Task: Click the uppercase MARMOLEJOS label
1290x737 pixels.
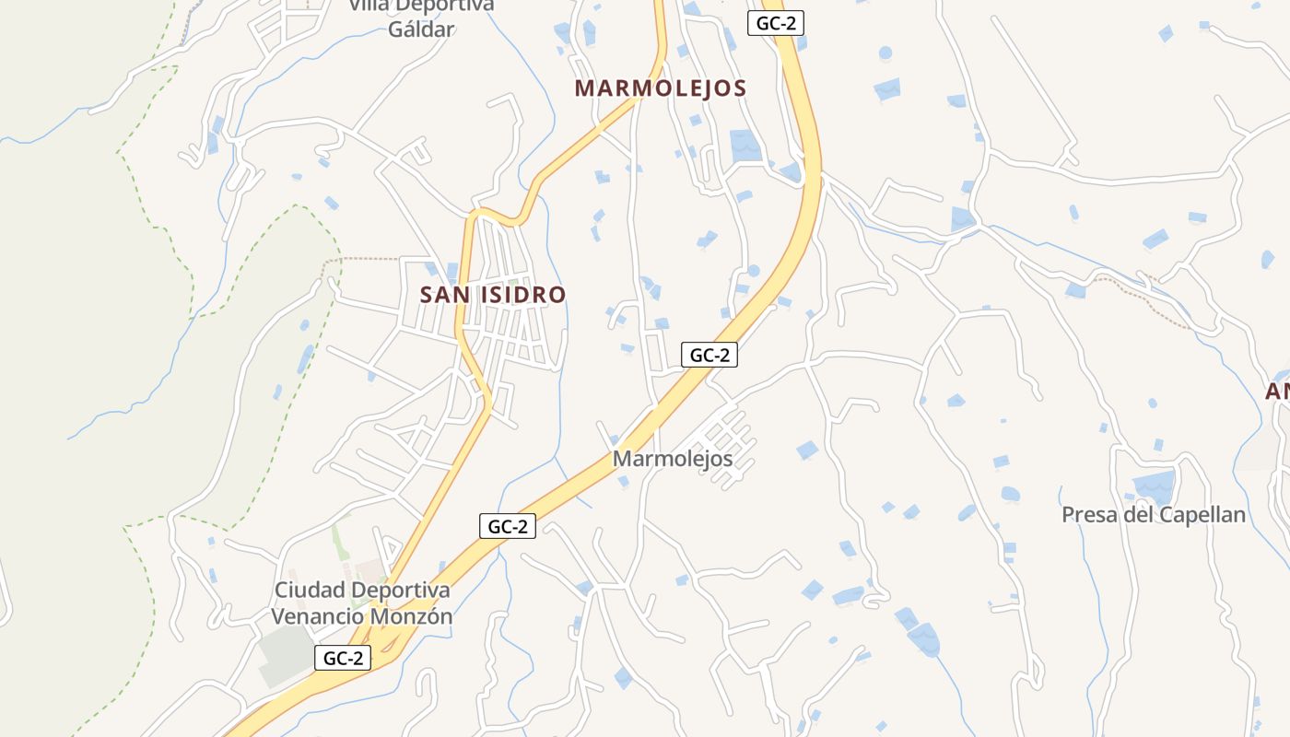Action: (660, 88)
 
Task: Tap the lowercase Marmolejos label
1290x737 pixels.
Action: (673, 458)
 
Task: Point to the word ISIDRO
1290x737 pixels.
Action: (522, 295)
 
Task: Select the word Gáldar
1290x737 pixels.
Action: (421, 29)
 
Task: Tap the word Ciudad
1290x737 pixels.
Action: (310, 590)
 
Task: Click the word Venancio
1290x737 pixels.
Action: (316, 616)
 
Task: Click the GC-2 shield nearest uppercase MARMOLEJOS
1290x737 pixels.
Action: (776, 24)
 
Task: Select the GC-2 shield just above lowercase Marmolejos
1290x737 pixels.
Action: (709, 355)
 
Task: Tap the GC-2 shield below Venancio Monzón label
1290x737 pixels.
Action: (343, 658)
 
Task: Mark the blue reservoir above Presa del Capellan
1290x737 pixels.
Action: (1155, 485)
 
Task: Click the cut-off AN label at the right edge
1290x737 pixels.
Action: (1277, 392)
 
